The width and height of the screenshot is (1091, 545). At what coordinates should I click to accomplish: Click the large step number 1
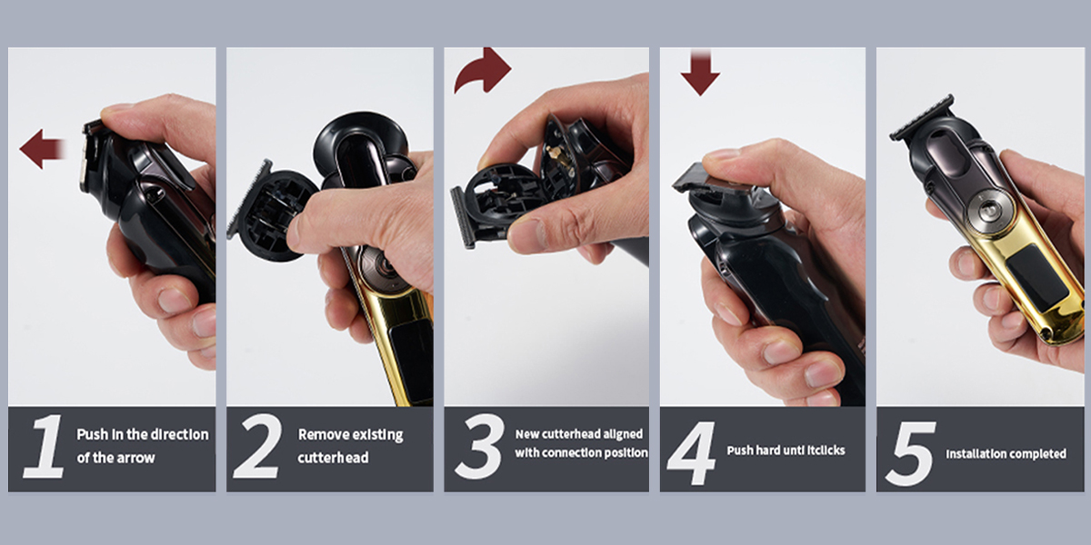click(x=45, y=446)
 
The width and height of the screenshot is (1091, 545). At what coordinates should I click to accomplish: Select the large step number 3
click(x=479, y=446)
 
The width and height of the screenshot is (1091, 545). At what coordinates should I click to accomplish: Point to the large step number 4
click(x=692, y=452)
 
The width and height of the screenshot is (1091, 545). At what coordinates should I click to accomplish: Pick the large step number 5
click(x=911, y=453)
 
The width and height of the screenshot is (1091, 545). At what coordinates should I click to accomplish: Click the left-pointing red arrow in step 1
click(x=42, y=149)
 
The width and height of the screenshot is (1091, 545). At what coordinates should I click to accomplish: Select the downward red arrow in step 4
click(x=700, y=72)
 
